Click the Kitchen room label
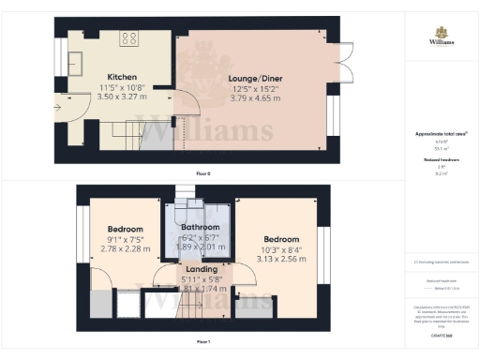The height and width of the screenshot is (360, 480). click(x=124, y=77)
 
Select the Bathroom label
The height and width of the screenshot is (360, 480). click(x=201, y=228)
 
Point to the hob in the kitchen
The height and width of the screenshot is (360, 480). click(x=128, y=39)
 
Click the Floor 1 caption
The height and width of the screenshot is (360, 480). click(x=202, y=342)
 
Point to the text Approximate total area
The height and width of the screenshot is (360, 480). click(x=440, y=134)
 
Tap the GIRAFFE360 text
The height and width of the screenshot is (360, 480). click(x=442, y=335)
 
